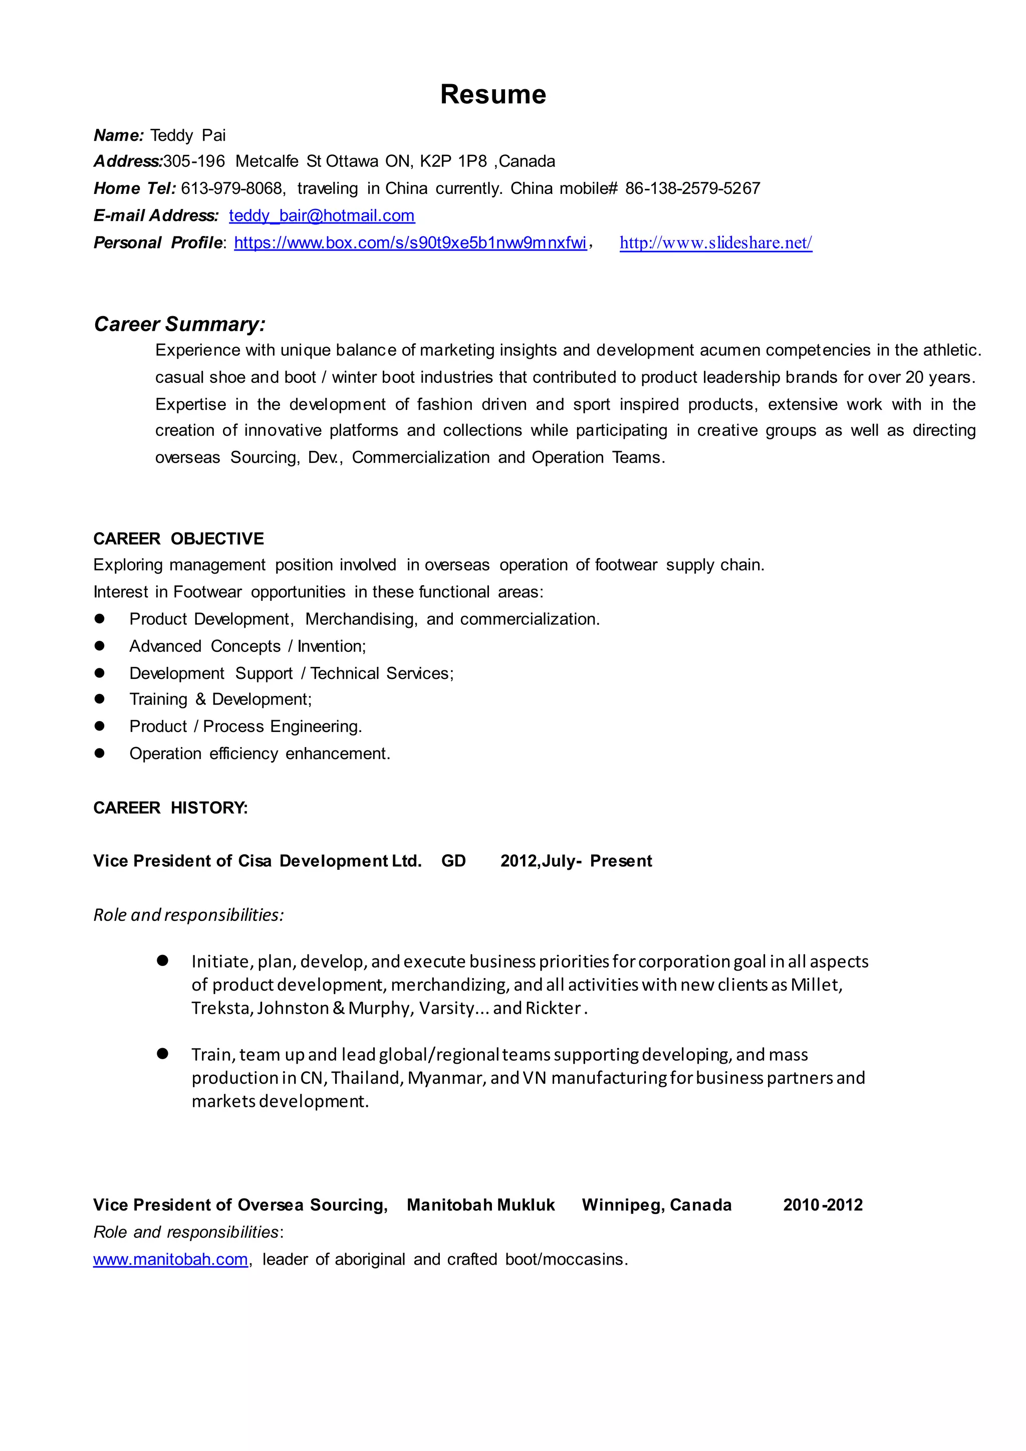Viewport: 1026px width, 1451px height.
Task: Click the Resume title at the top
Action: click(493, 95)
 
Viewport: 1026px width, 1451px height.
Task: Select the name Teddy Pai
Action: click(188, 135)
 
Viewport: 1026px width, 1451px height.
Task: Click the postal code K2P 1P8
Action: click(453, 161)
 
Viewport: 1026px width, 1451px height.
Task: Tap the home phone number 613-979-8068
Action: click(231, 188)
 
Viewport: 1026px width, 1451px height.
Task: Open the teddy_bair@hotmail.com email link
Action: click(322, 215)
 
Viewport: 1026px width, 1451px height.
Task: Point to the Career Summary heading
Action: click(179, 324)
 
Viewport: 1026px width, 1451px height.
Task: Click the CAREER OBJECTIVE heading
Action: click(178, 539)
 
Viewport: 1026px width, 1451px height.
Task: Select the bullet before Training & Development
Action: click(99, 699)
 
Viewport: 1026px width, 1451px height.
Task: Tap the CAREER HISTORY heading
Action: click(170, 808)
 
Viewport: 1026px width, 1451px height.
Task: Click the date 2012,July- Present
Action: click(576, 861)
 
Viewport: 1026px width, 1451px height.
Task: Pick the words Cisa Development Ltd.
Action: click(329, 861)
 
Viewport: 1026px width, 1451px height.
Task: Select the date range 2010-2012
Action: click(823, 1205)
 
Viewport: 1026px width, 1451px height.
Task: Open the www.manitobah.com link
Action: click(170, 1260)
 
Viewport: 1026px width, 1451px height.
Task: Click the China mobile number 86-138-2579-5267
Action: click(692, 188)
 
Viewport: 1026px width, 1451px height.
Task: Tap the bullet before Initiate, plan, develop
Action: click(162, 961)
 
